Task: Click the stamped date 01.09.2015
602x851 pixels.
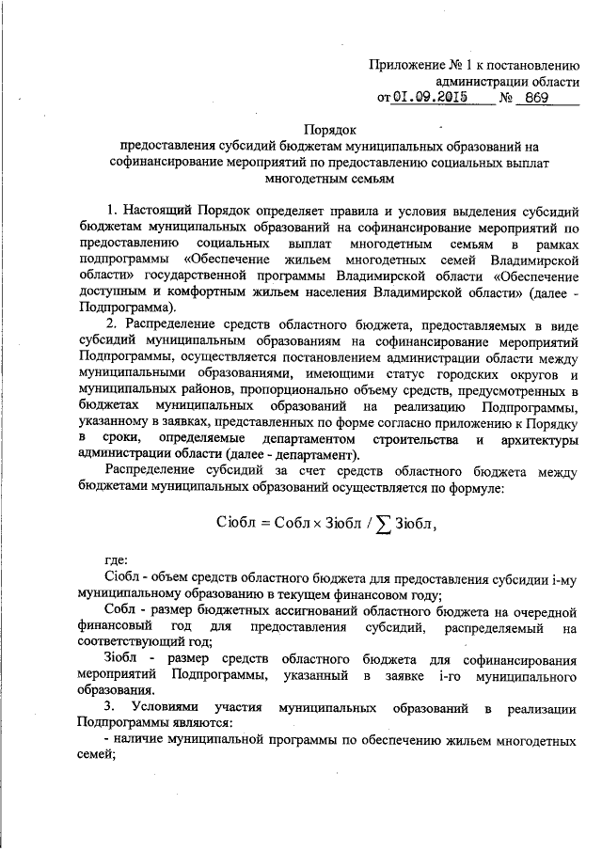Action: pyautogui.click(x=430, y=96)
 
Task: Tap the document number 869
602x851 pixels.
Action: pyautogui.click(x=534, y=96)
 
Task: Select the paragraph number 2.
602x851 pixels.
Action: pyautogui.click(x=110, y=324)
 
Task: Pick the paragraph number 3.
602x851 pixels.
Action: pyautogui.click(x=110, y=706)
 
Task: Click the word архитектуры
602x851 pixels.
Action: pyautogui.click(x=539, y=439)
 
